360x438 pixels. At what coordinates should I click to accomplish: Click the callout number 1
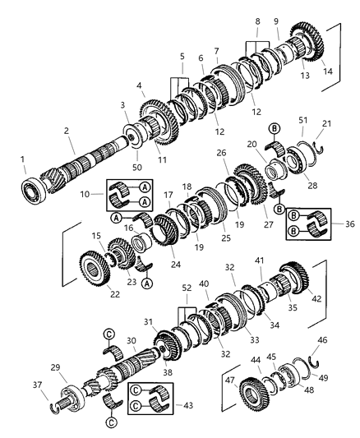click(22, 159)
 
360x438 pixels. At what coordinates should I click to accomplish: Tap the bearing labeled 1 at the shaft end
click(34, 191)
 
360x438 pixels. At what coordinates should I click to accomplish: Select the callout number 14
click(328, 71)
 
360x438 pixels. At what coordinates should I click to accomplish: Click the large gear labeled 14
click(307, 41)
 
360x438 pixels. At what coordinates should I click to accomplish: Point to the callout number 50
click(137, 167)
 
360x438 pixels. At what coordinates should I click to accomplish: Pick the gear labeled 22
click(95, 268)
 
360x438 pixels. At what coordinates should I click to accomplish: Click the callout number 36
click(349, 224)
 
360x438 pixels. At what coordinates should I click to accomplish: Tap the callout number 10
click(85, 194)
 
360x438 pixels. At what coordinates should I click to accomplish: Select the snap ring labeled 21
click(318, 148)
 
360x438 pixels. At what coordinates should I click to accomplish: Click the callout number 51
click(302, 120)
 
